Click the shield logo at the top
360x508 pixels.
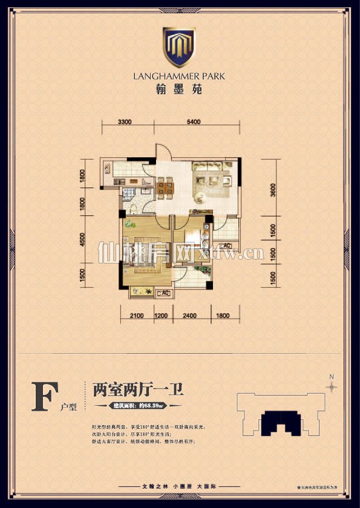180,46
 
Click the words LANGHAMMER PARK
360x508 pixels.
180,76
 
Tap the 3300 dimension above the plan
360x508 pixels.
125,122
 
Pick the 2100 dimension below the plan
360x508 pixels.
137,315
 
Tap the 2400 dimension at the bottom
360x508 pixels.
190,315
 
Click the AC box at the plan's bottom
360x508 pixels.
163,293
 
